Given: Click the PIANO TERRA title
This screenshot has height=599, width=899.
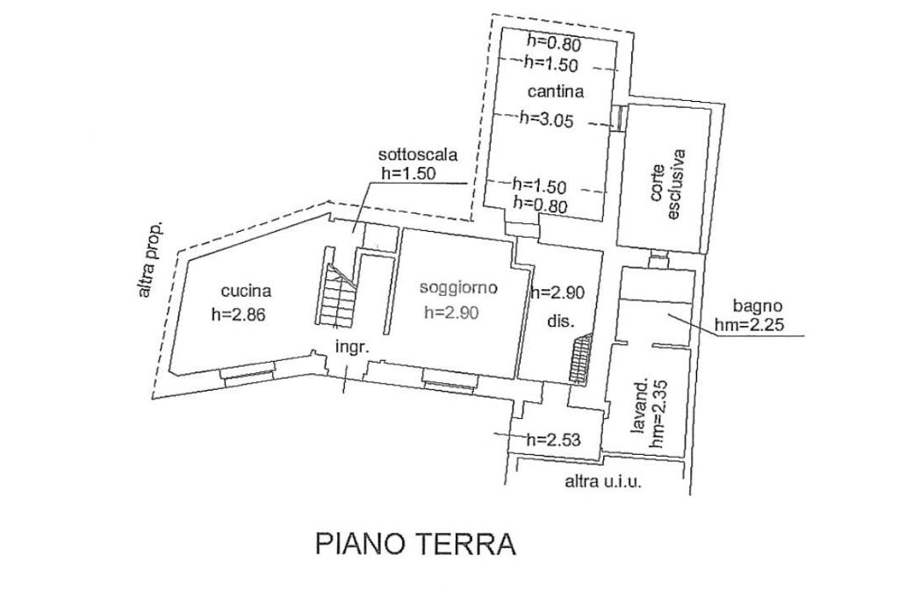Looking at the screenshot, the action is point(415,544).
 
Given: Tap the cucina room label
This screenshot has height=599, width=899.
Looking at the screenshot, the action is point(246,292).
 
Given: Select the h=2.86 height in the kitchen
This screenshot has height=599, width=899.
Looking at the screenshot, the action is point(237,314).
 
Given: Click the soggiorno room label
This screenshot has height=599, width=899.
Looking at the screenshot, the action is point(458,287).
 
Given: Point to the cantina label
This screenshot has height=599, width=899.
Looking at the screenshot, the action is point(556,90).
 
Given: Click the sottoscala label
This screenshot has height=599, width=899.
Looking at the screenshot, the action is point(419,155).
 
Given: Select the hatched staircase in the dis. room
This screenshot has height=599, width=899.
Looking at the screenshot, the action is point(579,359).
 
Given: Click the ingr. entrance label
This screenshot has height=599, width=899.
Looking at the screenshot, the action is point(352,346).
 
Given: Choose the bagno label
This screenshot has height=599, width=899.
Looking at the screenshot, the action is point(757,307).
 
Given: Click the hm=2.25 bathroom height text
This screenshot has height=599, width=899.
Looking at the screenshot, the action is point(761,326).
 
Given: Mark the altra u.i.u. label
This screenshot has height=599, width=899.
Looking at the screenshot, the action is point(603,480).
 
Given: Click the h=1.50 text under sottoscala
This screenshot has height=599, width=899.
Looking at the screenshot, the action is point(408,173).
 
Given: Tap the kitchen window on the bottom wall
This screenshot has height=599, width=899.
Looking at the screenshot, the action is point(248,372).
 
